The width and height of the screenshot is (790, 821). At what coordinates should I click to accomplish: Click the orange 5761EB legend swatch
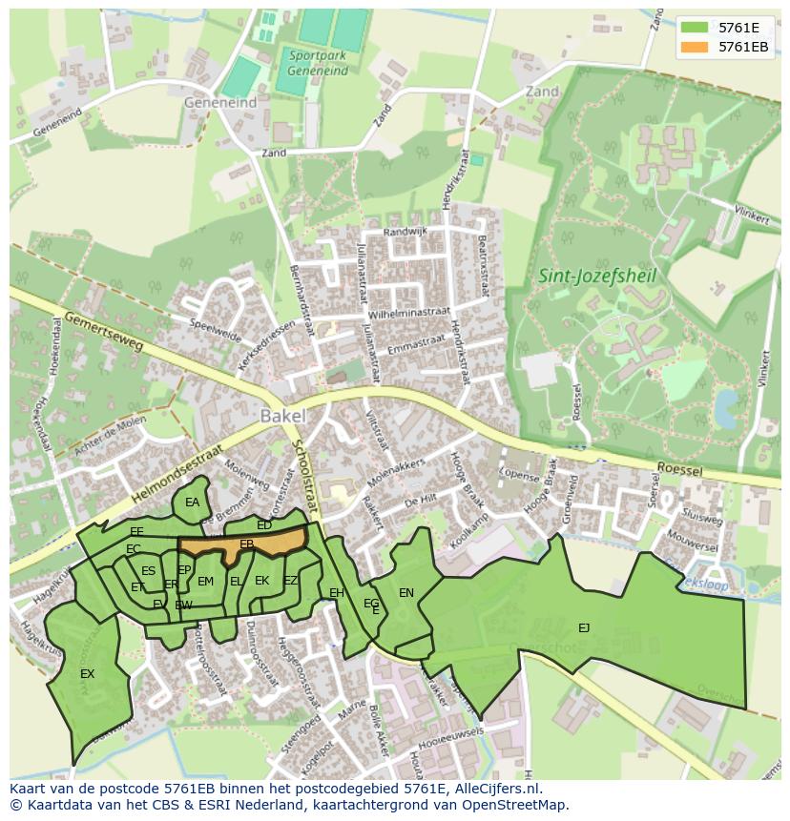click(694, 46)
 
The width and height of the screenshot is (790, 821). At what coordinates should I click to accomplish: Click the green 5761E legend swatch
click(694, 27)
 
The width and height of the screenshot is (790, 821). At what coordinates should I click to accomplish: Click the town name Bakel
click(282, 416)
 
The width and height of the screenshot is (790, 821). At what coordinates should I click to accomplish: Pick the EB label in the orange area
click(246, 544)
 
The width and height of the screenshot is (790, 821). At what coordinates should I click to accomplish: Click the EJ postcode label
click(584, 627)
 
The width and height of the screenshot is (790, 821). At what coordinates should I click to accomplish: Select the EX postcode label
click(87, 674)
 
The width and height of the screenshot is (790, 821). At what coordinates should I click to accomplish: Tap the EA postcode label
click(192, 503)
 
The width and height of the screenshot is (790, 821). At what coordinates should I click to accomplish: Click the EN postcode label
click(406, 593)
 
